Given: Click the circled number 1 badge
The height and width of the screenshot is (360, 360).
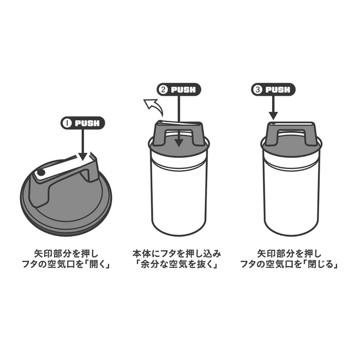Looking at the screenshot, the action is pos(68,123).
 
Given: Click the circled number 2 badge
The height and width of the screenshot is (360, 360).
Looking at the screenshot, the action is pos(163,90).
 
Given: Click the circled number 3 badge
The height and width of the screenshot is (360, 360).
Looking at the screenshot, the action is pos(258,90).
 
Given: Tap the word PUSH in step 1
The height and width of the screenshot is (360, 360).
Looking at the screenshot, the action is pos(87,123).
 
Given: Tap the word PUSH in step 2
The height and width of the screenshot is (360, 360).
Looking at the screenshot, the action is pos(183,90).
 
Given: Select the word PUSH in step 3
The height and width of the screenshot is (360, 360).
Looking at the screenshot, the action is pos(278,90).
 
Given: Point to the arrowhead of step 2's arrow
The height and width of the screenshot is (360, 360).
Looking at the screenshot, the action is pos(179,143).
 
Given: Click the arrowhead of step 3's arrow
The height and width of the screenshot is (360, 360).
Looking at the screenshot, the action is pos(273,116).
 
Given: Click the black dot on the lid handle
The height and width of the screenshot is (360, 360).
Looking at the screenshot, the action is pos(41,172).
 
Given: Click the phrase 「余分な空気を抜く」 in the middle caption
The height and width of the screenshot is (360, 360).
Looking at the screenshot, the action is pos(177,265).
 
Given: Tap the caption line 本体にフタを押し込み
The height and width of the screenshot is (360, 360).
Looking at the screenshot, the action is pos(177,254).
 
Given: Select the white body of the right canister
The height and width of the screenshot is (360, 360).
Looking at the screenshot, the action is pos(291,197).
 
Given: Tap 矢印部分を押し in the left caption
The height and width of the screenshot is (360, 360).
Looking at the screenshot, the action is pos(66,254).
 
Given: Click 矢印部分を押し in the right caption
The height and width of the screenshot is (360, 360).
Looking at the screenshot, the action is pos(289,254).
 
